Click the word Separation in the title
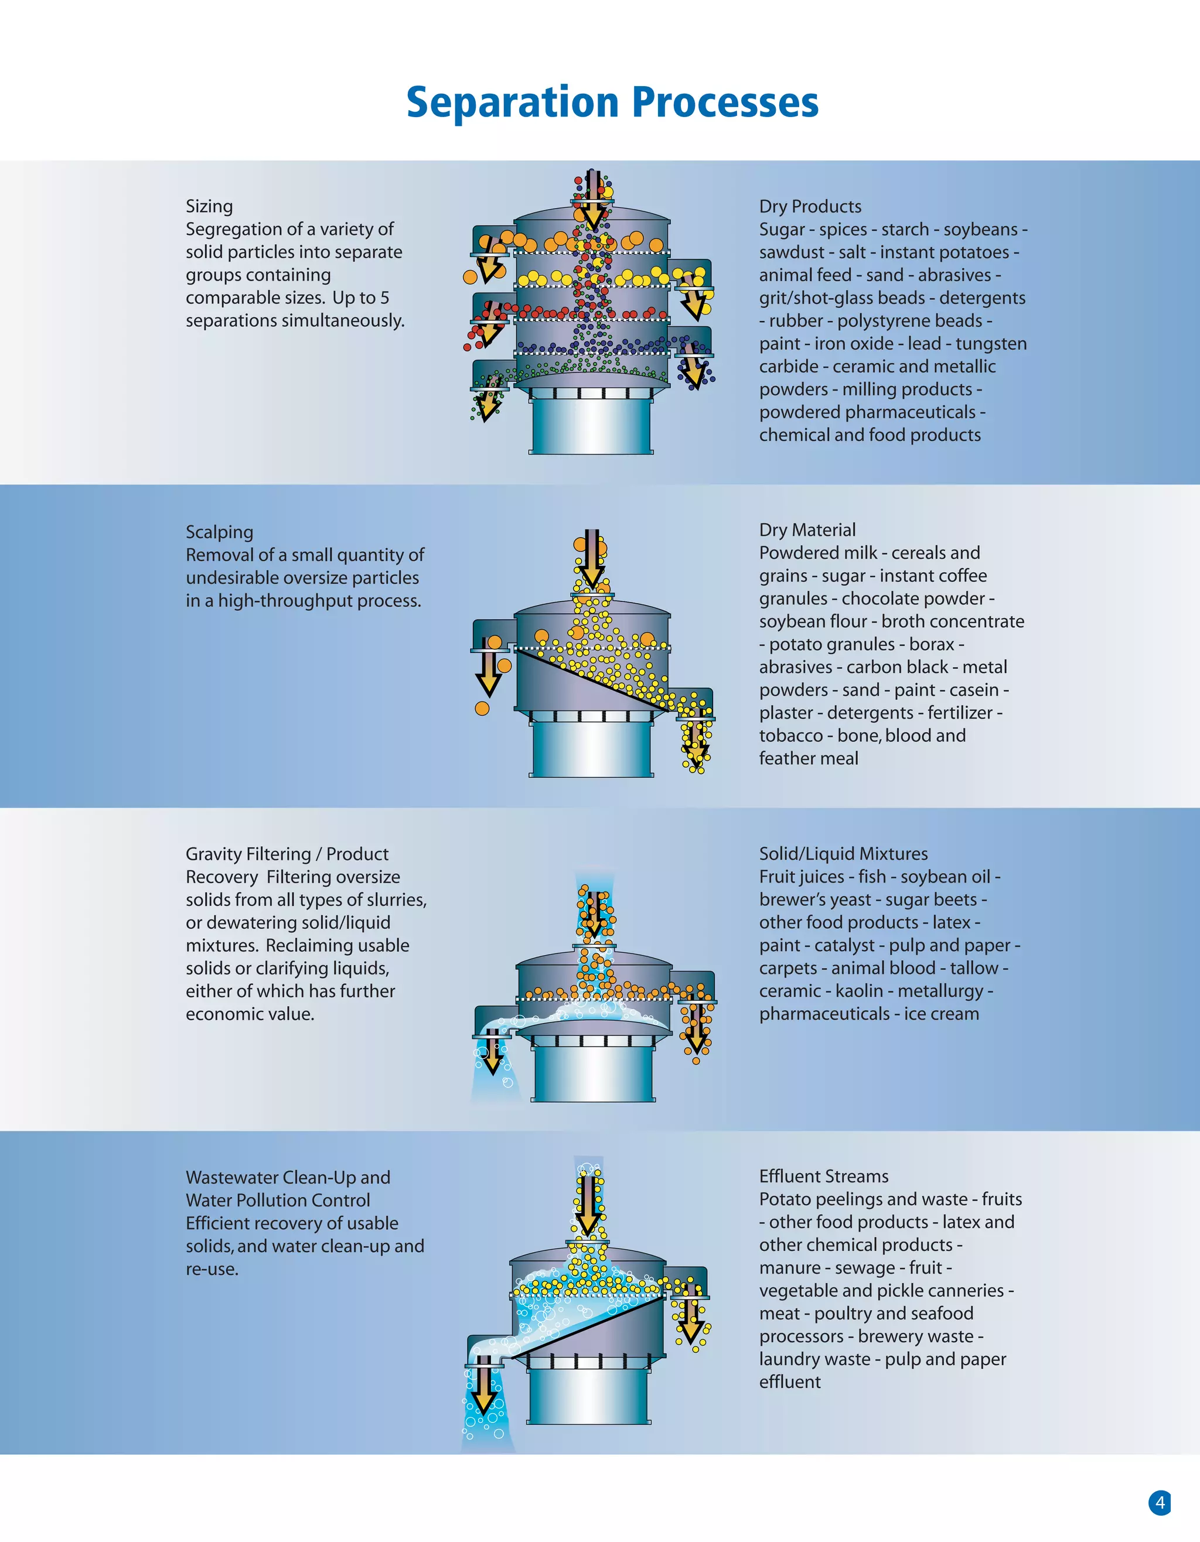512,102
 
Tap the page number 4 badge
1159,1502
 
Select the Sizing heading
209,206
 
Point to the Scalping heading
219,532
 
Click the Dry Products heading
810,206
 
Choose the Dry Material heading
807,529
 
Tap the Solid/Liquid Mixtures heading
843,854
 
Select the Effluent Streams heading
824,1177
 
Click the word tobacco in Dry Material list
790,736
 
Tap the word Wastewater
231,1178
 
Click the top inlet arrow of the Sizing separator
592,201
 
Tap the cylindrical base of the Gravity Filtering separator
594,1073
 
